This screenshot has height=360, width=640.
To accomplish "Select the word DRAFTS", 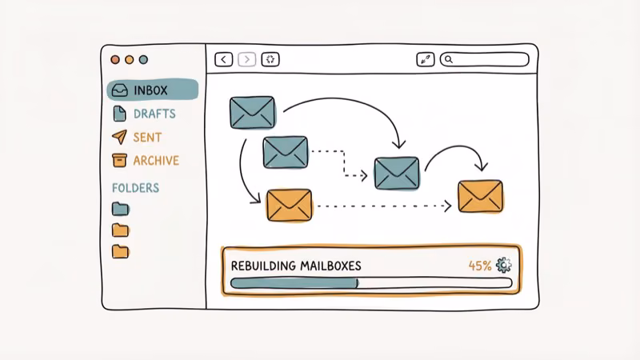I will (x=154, y=114).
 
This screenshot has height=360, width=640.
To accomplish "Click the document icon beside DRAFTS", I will (x=119, y=114).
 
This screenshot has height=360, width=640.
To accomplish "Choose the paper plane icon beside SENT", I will (x=119, y=137).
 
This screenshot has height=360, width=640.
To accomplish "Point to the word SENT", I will (x=147, y=137).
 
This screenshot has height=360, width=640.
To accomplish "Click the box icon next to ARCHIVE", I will (x=119, y=160).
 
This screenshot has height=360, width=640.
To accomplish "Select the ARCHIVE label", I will (x=156, y=160).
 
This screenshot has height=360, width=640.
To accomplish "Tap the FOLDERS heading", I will (x=135, y=188).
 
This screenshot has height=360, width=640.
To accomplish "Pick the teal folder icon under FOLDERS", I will (x=120, y=209).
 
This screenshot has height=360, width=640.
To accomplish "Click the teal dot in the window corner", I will (x=143, y=59).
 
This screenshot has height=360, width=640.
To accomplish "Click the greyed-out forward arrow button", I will (x=247, y=59).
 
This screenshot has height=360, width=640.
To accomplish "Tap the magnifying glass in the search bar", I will (x=449, y=59).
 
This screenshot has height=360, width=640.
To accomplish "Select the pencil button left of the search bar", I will (x=425, y=59).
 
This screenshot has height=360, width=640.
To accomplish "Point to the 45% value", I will (x=480, y=265).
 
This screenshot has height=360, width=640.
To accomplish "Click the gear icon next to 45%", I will (x=503, y=265).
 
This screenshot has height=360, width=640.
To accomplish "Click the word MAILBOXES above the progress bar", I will (x=327, y=265).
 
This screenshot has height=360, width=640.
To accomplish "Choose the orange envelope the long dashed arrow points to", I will (x=480, y=196).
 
